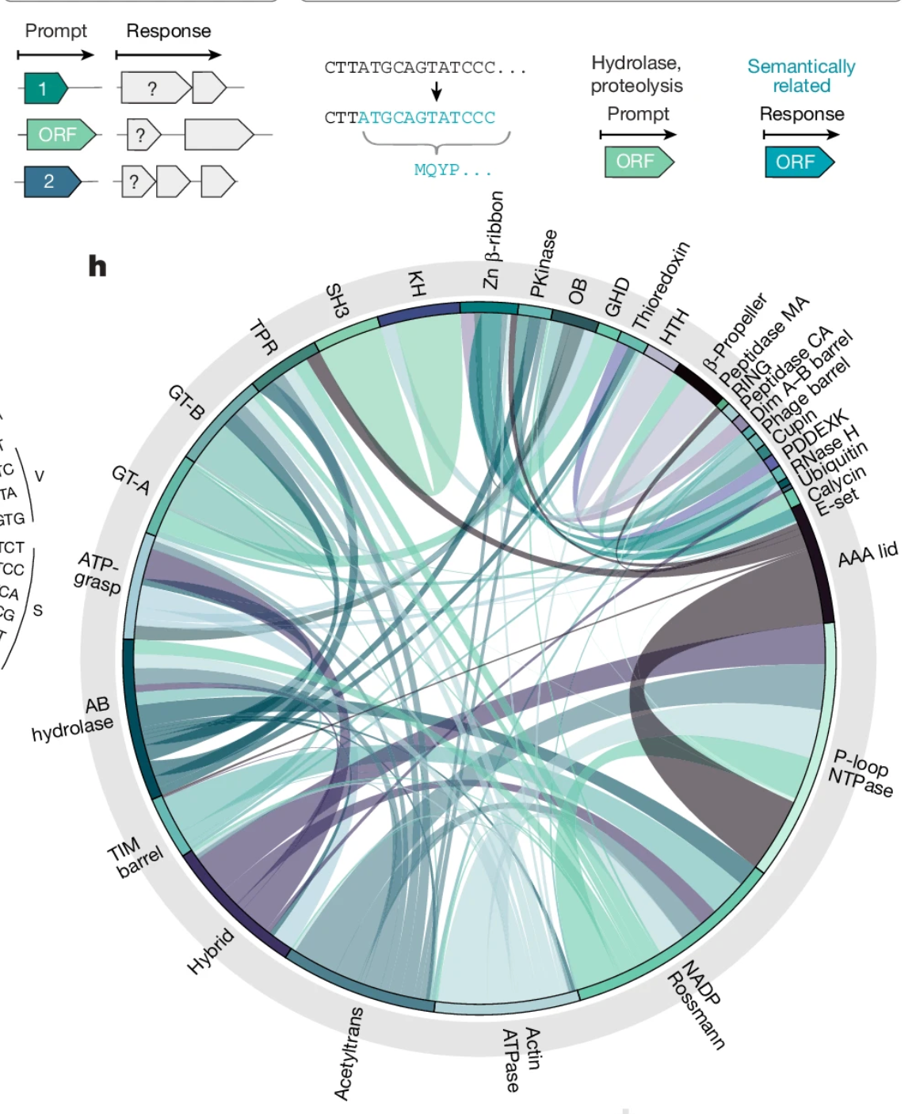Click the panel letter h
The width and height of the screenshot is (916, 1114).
click(97, 266)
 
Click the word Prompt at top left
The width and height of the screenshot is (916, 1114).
click(55, 31)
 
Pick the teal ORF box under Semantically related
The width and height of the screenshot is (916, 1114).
click(799, 162)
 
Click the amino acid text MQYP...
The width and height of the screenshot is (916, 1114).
click(452, 170)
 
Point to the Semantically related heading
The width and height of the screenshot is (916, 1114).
click(801, 76)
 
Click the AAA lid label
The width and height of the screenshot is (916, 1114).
click(868, 555)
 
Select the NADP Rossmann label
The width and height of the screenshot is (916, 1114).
click(697, 1004)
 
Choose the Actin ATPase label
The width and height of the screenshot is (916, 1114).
click(521, 1059)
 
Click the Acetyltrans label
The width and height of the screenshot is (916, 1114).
click(349, 1054)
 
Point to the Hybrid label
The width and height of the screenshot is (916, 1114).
click(210, 951)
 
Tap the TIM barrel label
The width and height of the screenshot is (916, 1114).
click(134, 858)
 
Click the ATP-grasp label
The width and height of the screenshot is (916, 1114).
click(97, 574)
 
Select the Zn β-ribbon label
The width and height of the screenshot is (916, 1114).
click(493, 239)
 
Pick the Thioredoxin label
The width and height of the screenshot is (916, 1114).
click(661, 285)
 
